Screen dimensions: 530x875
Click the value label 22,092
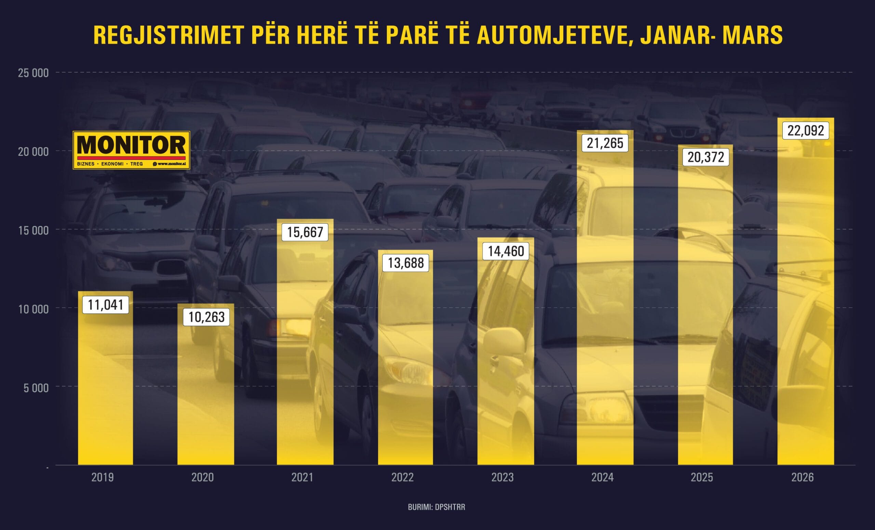click(x=805, y=131)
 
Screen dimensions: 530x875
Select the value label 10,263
click(x=206, y=317)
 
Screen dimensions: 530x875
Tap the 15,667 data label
click(x=305, y=232)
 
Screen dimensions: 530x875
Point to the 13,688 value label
click(x=405, y=263)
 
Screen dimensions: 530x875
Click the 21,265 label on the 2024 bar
click(x=605, y=143)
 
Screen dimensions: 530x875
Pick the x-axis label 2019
click(x=103, y=477)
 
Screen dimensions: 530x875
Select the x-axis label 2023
click(x=502, y=477)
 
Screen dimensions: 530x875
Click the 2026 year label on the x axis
click(x=802, y=477)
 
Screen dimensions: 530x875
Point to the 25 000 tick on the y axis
click(x=33, y=73)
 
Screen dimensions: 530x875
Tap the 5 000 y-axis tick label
click(x=36, y=388)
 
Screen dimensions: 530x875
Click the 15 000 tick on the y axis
click(x=33, y=230)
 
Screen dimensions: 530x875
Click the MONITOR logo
click(x=131, y=150)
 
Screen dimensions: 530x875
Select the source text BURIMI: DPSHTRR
click(x=436, y=507)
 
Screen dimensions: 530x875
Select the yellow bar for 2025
click(x=705, y=320)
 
